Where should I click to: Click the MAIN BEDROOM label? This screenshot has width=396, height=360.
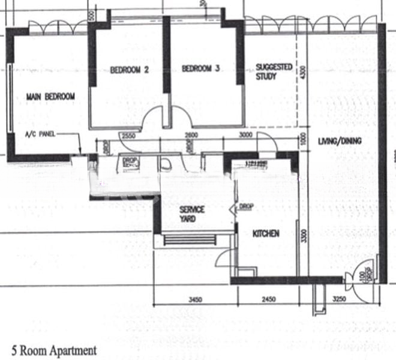(50, 97)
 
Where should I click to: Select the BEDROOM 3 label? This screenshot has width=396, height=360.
(200, 69)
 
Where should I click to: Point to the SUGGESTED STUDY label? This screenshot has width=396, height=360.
(274, 72)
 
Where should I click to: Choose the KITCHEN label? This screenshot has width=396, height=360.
(266, 233)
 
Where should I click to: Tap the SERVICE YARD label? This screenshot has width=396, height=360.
(193, 215)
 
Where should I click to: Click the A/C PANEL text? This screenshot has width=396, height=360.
(40, 134)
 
